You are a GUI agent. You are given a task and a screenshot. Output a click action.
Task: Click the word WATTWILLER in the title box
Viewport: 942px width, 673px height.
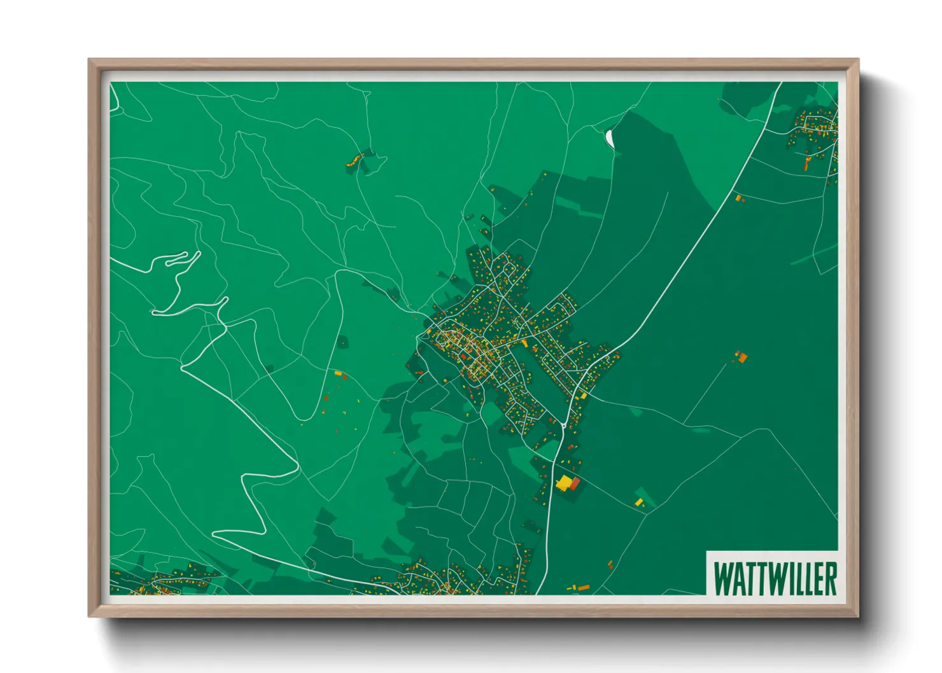[x=775, y=578]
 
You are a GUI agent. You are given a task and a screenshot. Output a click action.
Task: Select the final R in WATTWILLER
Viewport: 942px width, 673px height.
[x=830, y=578]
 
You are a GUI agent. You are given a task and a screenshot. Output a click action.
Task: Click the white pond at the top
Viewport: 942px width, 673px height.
[x=610, y=137]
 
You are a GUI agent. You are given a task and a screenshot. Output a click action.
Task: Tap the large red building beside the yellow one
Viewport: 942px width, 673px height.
[x=575, y=483]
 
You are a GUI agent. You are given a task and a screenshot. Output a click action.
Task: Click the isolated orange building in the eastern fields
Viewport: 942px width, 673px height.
[x=741, y=357]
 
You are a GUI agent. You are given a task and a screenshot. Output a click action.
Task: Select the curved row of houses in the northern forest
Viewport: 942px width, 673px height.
[x=360, y=159]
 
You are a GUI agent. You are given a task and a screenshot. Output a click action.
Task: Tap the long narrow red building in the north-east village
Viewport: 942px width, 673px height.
[x=807, y=163]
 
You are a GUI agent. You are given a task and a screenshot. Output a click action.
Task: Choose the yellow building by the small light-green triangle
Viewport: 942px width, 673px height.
[x=639, y=503]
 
